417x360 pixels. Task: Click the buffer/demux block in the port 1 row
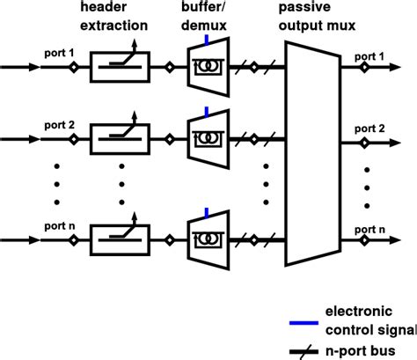coord(208,66)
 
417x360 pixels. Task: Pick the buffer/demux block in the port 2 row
coord(208,138)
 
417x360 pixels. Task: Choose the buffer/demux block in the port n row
coord(208,237)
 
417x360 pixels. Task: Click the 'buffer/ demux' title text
coord(208,18)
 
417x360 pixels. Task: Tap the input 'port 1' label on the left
coord(58,53)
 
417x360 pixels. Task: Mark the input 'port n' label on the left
coord(58,225)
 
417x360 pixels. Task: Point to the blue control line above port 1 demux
coord(206,40)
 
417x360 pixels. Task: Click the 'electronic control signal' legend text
coord(369,320)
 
